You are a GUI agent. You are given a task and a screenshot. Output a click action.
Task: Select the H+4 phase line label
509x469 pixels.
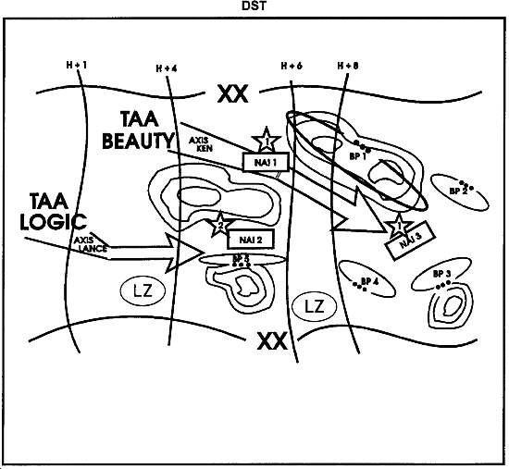click(x=166, y=68)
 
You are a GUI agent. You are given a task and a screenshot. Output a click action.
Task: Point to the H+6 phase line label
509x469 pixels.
click(x=292, y=66)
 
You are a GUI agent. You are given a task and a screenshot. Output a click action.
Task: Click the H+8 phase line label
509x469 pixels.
click(x=348, y=66)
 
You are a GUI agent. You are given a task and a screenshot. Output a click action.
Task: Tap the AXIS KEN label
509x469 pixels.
click(x=202, y=144)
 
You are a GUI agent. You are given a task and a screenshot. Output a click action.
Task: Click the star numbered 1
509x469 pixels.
click(x=267, y=140)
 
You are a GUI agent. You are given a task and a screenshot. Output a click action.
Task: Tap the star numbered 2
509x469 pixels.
click(x=220, y=224)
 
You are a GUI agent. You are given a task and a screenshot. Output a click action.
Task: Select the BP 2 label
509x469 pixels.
click(x=456, y=190)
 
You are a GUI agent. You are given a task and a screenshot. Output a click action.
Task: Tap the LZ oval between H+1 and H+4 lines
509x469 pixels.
click(x=143, y=291)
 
